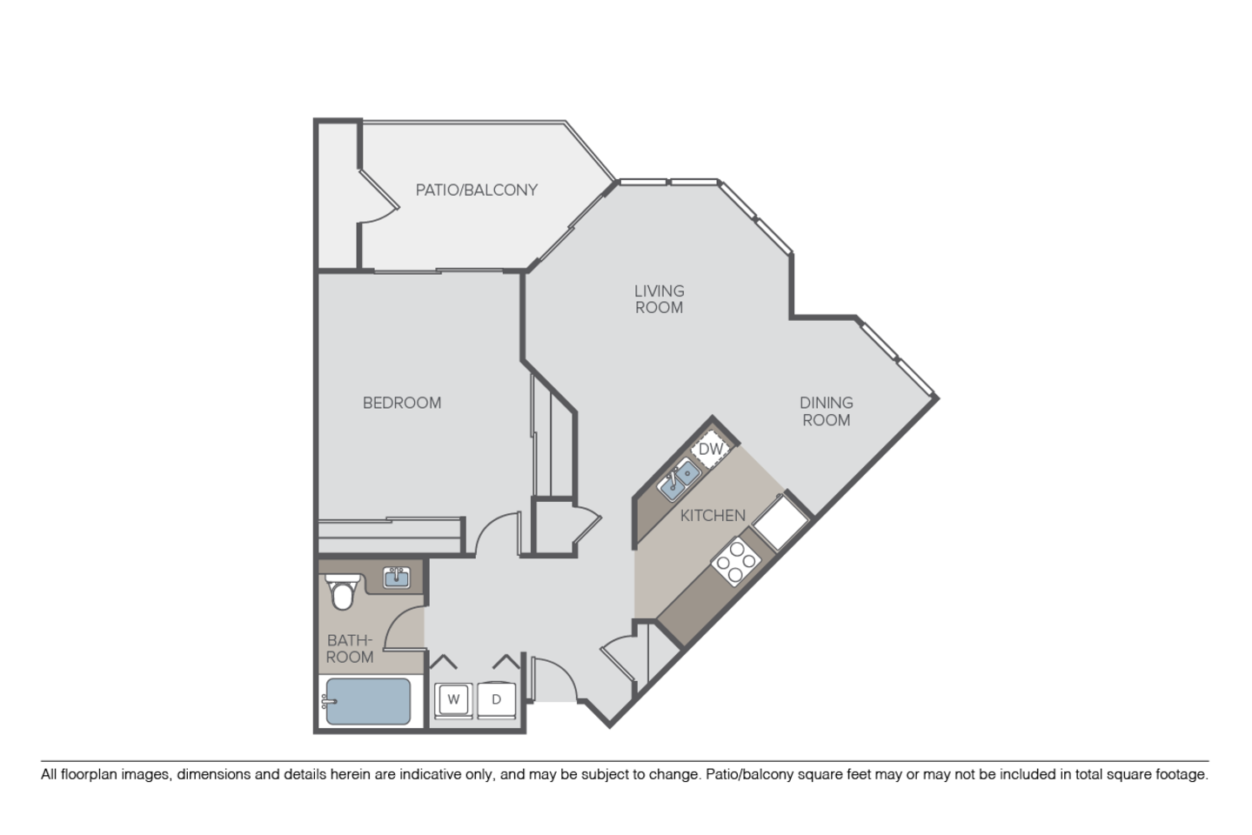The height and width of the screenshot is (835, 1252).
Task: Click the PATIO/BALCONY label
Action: coord(476,190)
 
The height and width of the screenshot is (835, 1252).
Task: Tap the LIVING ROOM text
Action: coord(659,299)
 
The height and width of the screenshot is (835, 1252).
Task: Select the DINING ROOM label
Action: coord(826,411)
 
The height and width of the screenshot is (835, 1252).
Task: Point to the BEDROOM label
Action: coord(402,403)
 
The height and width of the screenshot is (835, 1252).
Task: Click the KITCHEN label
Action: coord(713,516)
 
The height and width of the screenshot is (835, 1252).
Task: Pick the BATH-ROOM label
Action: coord(350,649)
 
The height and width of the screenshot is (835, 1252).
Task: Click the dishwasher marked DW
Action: coord(712,449)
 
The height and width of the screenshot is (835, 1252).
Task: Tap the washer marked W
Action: coord(453,698)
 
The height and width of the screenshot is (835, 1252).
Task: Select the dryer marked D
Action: coord(497,698)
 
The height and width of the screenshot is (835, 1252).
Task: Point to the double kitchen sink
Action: coord(680,481)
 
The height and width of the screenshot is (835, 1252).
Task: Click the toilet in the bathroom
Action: coord(341,593)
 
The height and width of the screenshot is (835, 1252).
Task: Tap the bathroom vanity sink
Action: coord(398,578)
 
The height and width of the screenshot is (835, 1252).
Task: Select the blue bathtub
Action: coord(366,702)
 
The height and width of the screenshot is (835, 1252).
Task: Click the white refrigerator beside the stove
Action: coord(780,521)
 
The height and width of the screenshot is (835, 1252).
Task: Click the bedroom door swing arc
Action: coord(496,532)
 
